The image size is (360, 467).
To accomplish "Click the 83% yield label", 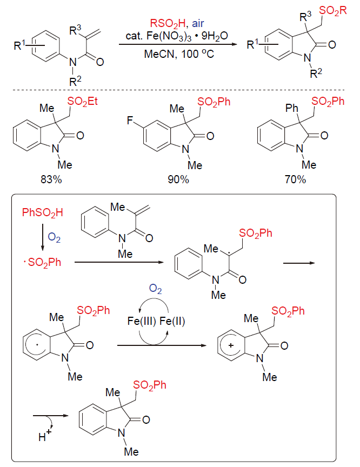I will pyautogui.click(x=51, y=179).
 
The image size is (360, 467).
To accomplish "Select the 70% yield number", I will pyautogui.click(x=295, y=179).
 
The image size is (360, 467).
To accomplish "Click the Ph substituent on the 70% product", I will pyautogui.click(x=269, y=102).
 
